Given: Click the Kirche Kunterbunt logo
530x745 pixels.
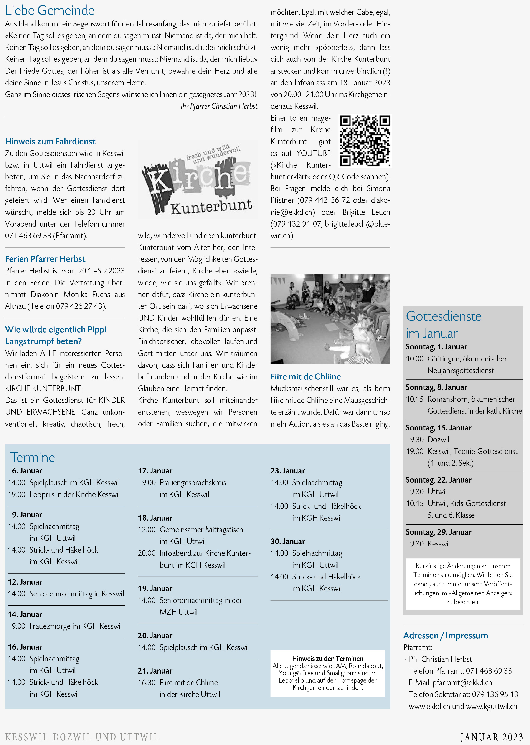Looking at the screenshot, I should [197, 180].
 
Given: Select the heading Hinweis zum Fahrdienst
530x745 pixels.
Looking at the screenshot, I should [50, 141].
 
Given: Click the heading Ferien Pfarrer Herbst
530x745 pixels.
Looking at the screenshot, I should [45, 259].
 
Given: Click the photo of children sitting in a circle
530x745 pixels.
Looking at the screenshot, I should [330, 319].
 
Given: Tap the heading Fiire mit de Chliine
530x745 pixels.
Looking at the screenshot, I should [305, 377].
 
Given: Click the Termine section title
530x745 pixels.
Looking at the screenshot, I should [33, 457].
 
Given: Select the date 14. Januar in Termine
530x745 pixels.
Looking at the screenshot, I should [25, 614].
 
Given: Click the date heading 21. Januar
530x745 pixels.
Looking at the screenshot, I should [155, 671].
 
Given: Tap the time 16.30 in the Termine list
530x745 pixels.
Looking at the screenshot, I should [147, 683].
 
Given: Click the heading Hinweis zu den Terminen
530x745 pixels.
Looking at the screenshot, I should [327, 659].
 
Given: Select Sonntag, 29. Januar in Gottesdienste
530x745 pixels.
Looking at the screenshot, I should [438, 532].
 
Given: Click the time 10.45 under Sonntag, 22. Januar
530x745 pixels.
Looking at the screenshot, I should [414, 503].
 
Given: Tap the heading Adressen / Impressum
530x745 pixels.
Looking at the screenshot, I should [446, 636].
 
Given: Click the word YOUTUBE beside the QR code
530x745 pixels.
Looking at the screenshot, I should [313, 153].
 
